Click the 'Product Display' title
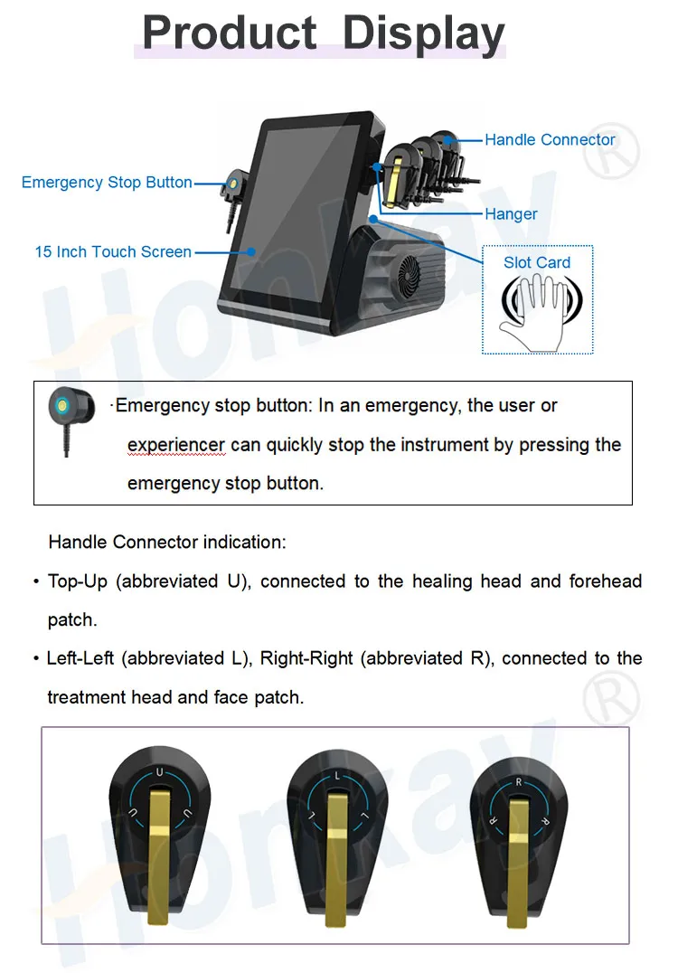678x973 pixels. click(324, 33)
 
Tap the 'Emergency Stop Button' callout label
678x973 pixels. click(107, 183)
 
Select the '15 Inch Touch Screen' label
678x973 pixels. click(113, 252)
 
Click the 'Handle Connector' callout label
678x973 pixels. click(550, 140)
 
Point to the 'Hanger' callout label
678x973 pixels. click(511, 214)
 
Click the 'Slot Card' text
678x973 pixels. click(537, 263)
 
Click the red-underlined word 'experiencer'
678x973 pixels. click(176, 445)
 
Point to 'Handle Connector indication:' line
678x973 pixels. click(167, 543)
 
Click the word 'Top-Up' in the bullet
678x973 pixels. click(78, 581)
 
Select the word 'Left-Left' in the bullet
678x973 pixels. click(80, 658)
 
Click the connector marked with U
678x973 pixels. click(159, 832)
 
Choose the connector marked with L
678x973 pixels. click(336, 832)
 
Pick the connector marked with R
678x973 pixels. click(517, 832)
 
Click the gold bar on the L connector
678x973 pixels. click(337, 859)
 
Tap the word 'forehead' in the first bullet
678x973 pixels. click(605, 581)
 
